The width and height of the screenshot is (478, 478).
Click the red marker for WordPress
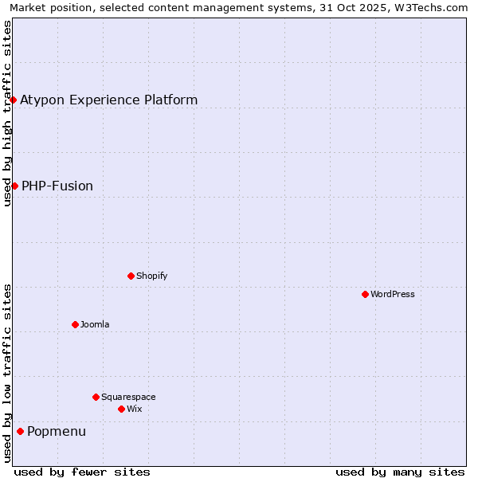click(365, 294)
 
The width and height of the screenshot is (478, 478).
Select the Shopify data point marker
click(131, 276)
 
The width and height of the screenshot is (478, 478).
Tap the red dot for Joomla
click(75, 324)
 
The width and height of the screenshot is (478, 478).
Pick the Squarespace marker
click(96, 397)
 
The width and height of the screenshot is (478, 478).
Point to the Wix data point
click(121, 409)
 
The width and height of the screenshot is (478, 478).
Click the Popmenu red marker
click(20, 431)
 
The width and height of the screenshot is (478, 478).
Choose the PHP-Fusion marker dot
click(14, 186)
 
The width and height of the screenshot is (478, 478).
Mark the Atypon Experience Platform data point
click(14, 100)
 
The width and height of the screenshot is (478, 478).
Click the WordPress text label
click(393, 294)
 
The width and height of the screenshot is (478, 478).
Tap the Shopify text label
click(151, 276)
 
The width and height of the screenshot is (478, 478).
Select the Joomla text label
click(95, 324)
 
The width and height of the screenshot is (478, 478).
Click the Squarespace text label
click(128, 397)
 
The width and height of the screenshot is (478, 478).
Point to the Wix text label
click(134, 409)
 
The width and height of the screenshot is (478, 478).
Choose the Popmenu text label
click(57, 431)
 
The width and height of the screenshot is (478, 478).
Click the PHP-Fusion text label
click(57, 186)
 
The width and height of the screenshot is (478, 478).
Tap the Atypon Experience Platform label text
click(108, 100)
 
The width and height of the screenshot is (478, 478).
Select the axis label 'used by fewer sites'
click(82, 472)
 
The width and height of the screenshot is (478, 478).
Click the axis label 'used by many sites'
click(400, 472)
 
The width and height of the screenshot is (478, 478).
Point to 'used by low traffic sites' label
click(7, 372)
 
